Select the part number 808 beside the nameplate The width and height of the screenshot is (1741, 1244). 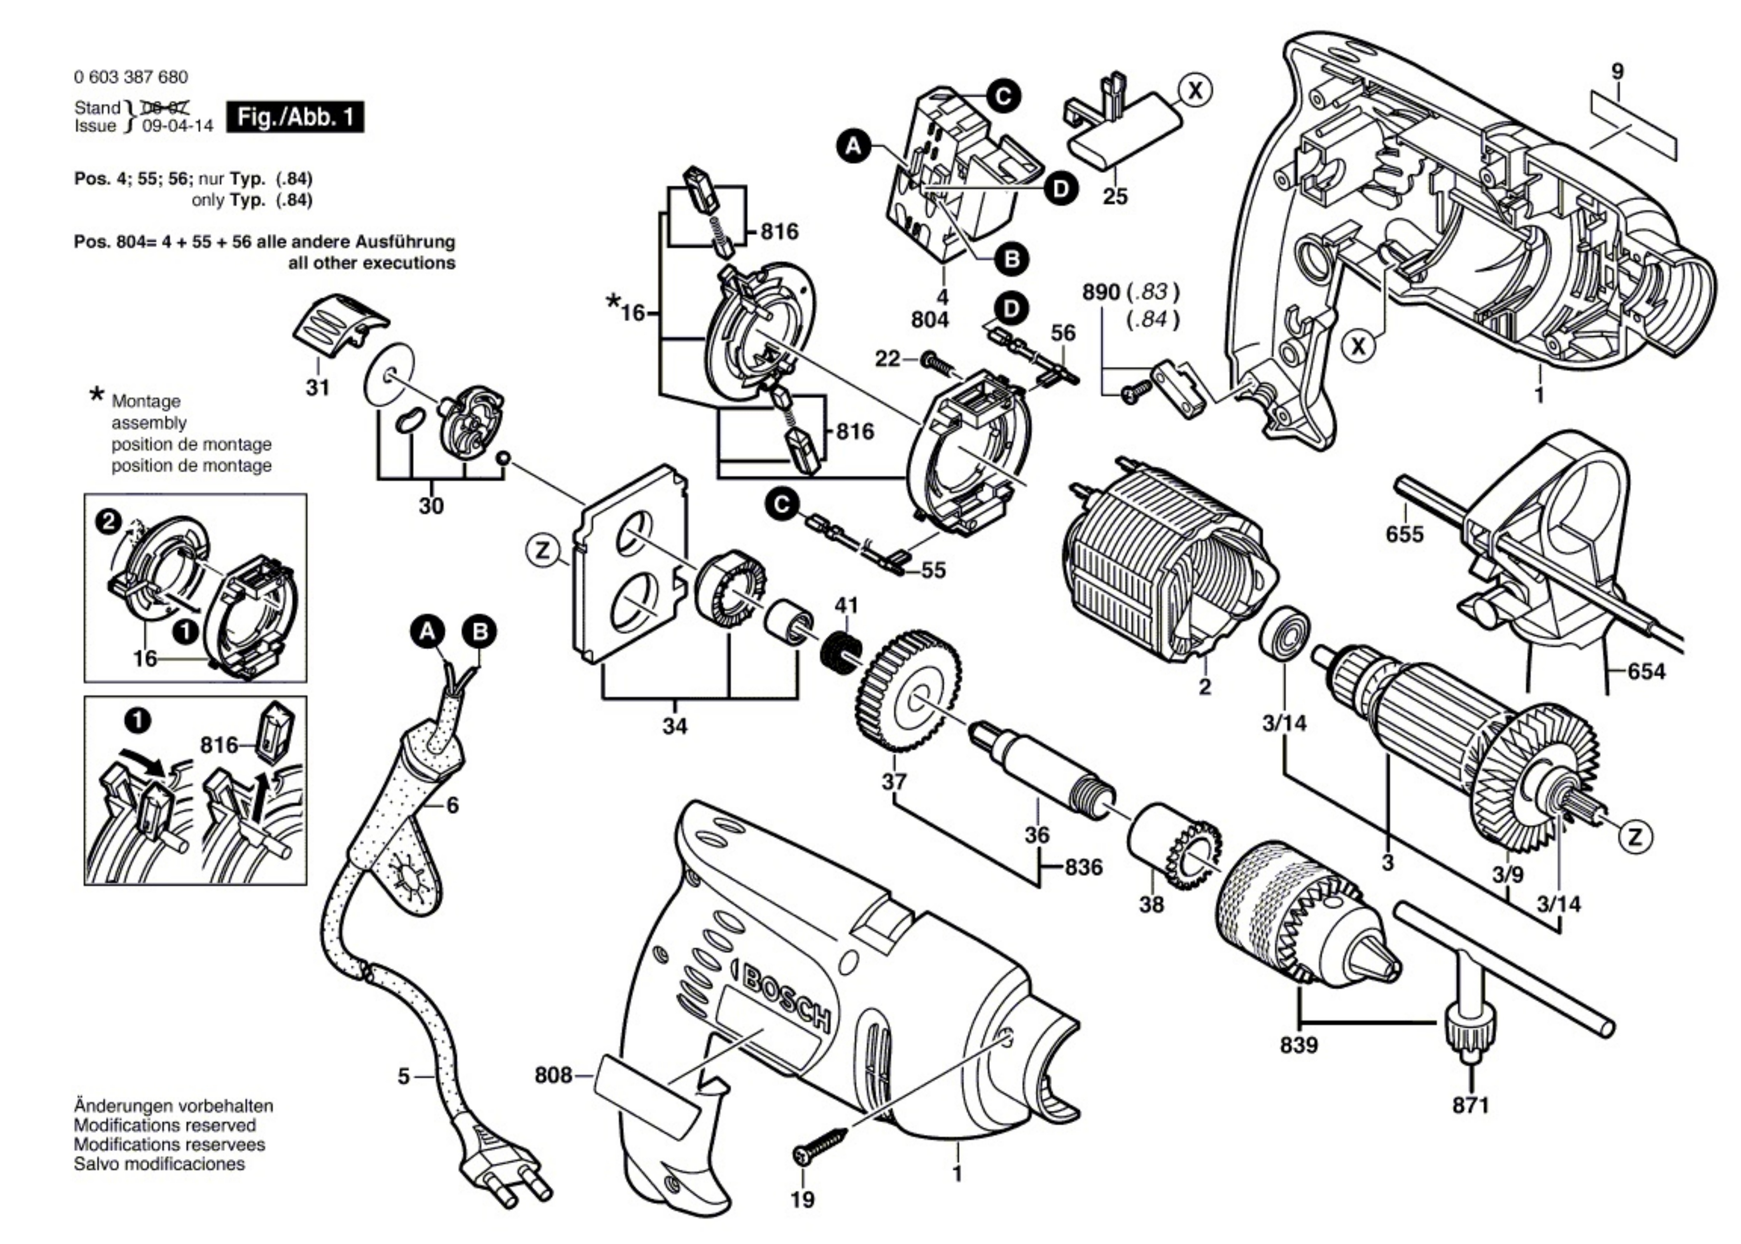[x=553, y=1076]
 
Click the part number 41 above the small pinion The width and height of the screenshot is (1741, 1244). [x=847, y=605]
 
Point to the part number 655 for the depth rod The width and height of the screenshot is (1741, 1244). [x=1405, y=534]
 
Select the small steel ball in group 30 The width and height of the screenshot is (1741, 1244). [x=504, y=458]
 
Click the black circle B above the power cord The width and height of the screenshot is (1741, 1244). [x=480, y=632]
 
